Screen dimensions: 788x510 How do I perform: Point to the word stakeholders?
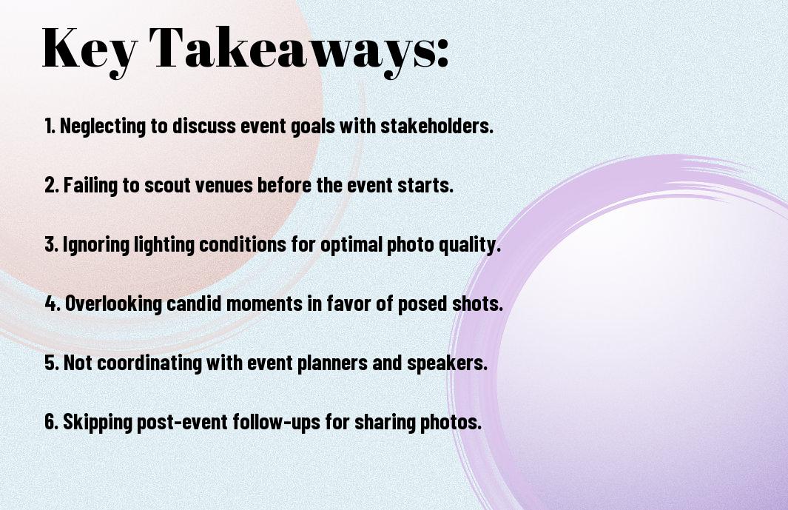click(x=437, y=125)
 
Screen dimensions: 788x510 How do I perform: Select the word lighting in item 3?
click(x=164, y=245)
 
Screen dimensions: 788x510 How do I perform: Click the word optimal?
click(x=351, y=245)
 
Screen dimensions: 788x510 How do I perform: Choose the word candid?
click(x=194, y=303)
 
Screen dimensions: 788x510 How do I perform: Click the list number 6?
click(x=52, y=421)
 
